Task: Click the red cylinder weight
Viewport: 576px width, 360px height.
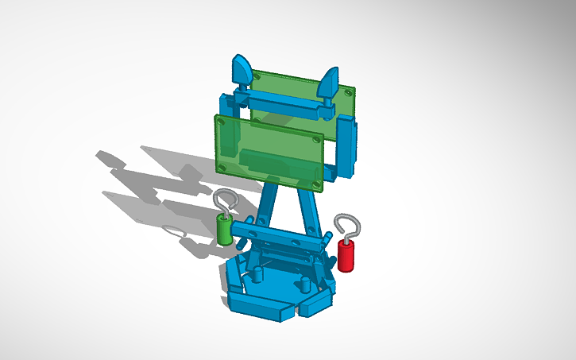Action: (x=346, y=255)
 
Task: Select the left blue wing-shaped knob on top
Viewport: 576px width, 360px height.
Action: (x=242, y=69)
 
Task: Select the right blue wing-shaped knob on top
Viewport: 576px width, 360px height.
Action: (x=328, y=83)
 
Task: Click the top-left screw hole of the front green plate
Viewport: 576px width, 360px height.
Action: (x=223, y=122)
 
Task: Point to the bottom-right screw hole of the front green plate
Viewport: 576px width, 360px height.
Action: (x=318, y=185)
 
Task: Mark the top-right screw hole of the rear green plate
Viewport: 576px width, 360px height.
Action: (x=347, y=92)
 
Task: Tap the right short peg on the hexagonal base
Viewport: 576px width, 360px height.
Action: (x=304, y=285)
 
